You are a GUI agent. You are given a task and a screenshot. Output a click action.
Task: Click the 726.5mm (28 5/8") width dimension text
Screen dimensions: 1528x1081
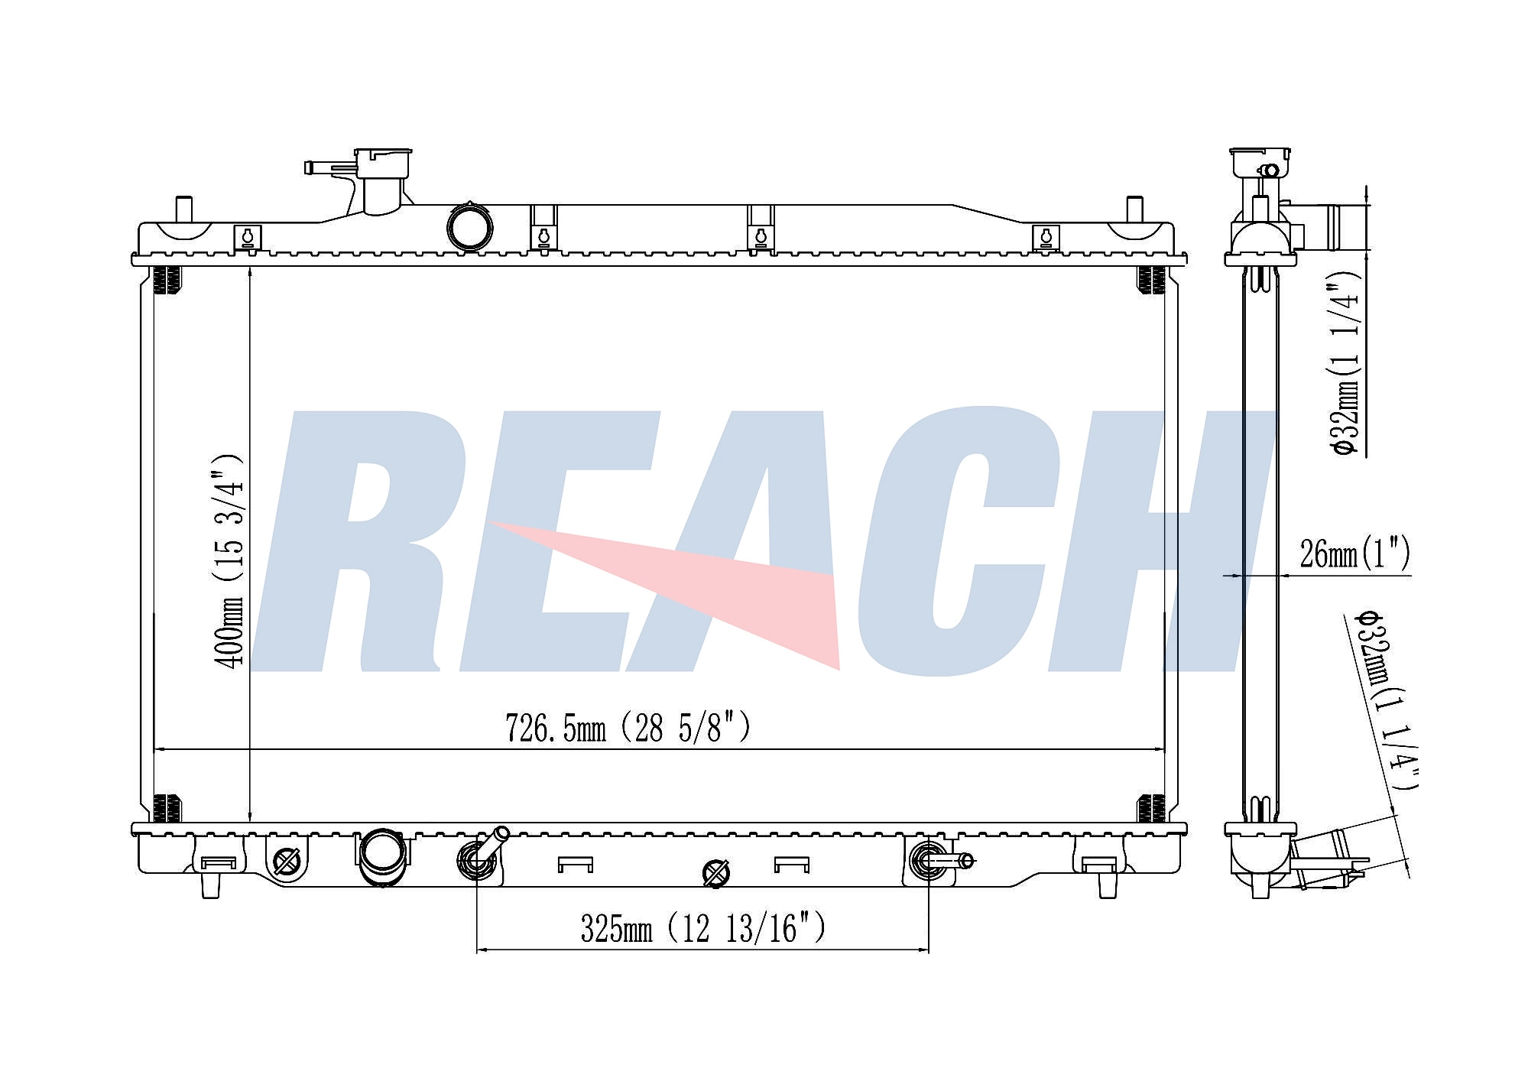(x=628, y=729)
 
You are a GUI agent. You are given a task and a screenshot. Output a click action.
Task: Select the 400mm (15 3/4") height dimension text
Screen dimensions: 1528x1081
(x=229, y=560)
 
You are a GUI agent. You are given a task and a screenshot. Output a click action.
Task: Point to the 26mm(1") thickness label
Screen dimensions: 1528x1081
(x=1354, y=553)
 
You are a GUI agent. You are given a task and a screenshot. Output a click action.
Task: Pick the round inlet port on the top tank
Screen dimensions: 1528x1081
(x=469, y=227)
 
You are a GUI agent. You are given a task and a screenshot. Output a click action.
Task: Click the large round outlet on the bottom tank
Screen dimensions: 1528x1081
(x=383, y=857)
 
